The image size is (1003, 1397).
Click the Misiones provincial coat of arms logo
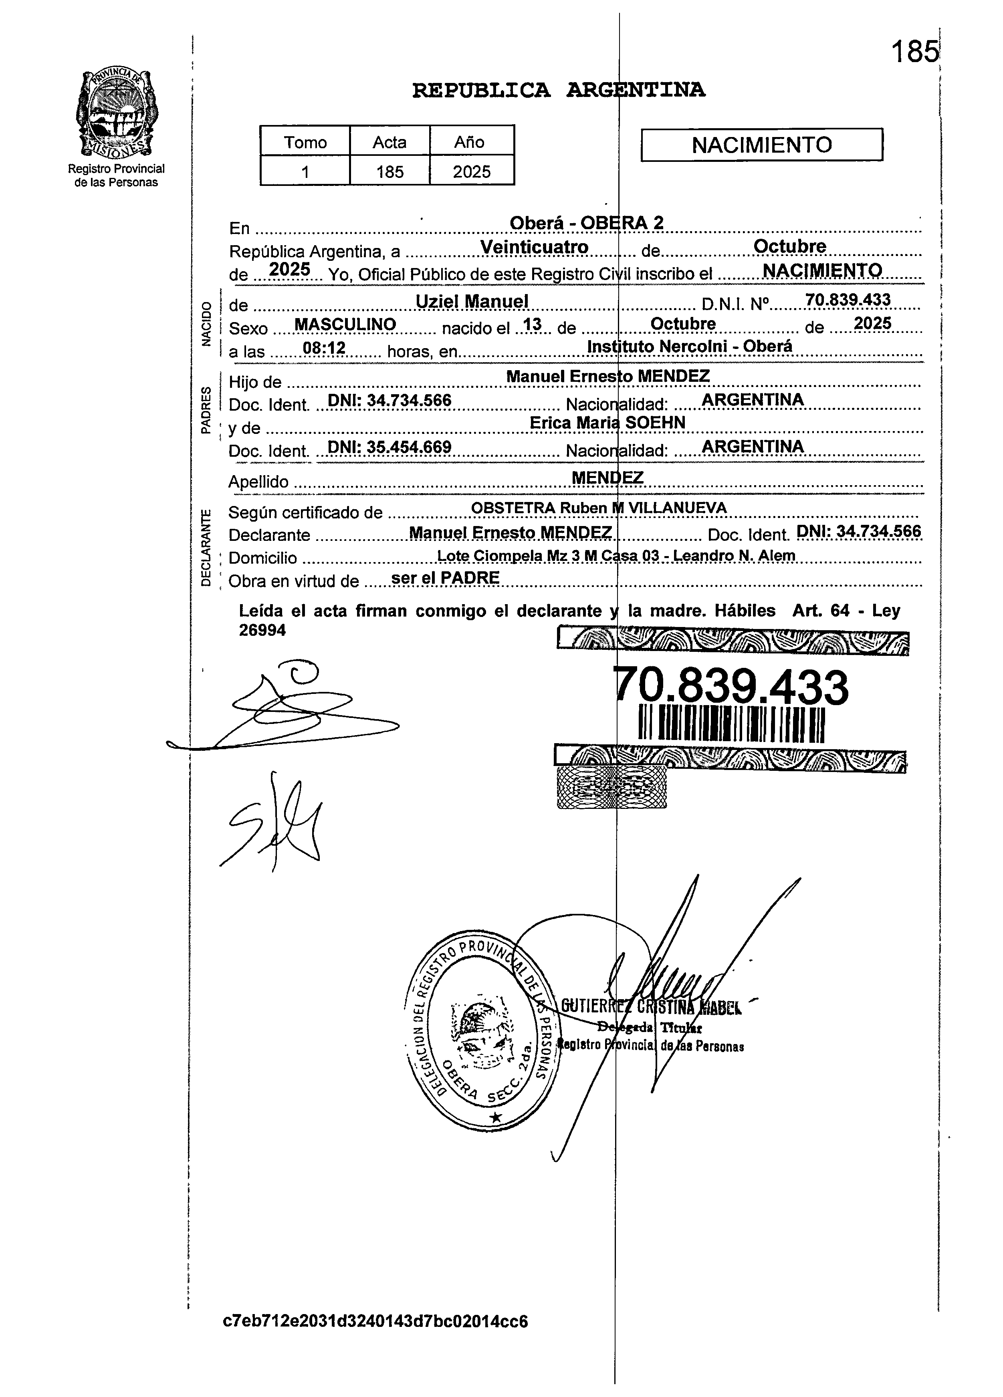115,114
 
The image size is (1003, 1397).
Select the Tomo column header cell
305,142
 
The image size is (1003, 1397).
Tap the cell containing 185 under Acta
389,171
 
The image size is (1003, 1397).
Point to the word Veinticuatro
534,247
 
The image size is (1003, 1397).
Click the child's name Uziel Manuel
472,301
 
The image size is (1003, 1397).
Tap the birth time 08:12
324,349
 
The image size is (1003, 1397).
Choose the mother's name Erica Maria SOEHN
607,423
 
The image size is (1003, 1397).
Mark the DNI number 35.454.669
389,447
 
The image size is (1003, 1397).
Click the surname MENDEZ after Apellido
607,478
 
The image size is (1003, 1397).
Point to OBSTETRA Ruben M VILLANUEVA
598,508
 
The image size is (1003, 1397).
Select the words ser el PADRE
446,578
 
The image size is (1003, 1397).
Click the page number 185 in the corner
914,52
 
